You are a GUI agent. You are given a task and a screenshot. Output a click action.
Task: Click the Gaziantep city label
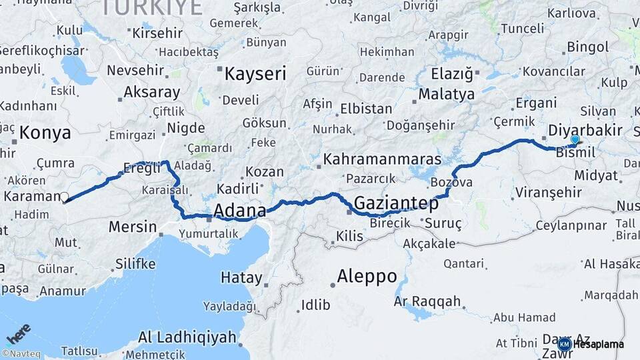[x=397, y=203]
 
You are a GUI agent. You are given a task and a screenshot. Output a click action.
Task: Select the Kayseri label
[x=255, y=73]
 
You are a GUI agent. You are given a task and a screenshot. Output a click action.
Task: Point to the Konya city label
[x=45, y=133]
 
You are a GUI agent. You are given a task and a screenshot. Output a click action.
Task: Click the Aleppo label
[x=367, y=275]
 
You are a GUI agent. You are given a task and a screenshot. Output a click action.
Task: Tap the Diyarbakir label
[x=585, y=130]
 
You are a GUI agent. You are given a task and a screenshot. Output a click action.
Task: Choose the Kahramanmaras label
[x=382, y=159]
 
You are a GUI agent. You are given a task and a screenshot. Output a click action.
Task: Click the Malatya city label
[x=447, y=94]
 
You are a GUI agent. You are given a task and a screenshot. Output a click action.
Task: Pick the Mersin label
[x=132, y=227]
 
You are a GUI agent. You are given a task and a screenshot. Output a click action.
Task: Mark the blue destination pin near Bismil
[x=575, y=140]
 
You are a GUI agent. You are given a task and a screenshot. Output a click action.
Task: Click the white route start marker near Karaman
[x=65, y=197]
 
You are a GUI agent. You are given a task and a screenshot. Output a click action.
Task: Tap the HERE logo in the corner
[x=19, y=333]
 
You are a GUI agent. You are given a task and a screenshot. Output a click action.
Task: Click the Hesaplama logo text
[x=598, y=345]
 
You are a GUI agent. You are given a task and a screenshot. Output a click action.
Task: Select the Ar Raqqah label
[x=427, y=301]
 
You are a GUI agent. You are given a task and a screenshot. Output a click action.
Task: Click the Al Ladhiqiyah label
[x=187, y=337]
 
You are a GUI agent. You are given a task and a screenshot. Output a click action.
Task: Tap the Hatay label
[x=241, y=277]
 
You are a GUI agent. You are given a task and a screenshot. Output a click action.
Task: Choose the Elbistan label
[x=366, y=108]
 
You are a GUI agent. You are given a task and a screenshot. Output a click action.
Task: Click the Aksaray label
[x=152, y=92]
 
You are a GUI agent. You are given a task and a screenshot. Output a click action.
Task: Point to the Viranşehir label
[x=549, y=193]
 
